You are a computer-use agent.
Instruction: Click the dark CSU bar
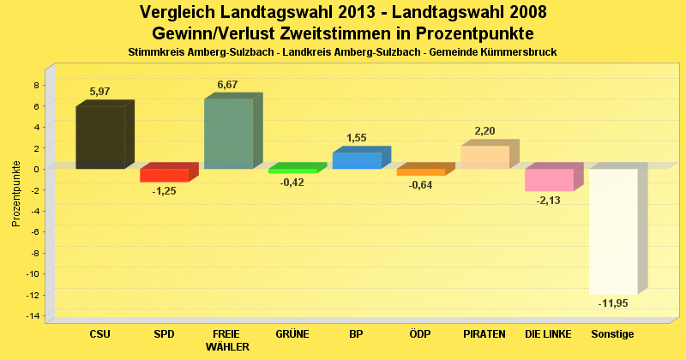(x=100, y=137)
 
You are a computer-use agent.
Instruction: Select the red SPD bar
(x=164, y=175)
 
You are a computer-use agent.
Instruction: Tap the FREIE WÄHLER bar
(x=228, y=134)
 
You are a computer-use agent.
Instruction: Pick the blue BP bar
(x=357, y=160)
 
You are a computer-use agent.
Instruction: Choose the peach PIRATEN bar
(x=484, y=157)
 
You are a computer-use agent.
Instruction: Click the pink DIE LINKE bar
(x=549, y=179)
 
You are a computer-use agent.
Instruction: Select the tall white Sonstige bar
(x=613, y=231)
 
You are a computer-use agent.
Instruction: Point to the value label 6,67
(x=228, y=84)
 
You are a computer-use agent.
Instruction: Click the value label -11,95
(x=614, y=303)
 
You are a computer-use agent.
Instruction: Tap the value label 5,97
(x=100, y=92)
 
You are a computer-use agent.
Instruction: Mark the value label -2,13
(x=549, y=201)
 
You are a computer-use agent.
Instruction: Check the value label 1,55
(x=357, y=137)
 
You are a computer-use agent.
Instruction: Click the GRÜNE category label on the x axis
(x=292, y=333)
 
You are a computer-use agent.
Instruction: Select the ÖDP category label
(x=420, y=333)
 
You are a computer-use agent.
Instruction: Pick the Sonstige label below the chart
(x=612, y=333)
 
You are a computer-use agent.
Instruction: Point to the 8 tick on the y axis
(x=35, y=85)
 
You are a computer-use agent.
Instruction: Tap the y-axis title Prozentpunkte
(x=16, y=193)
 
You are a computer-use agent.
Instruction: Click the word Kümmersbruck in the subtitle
(x=517, y=52)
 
